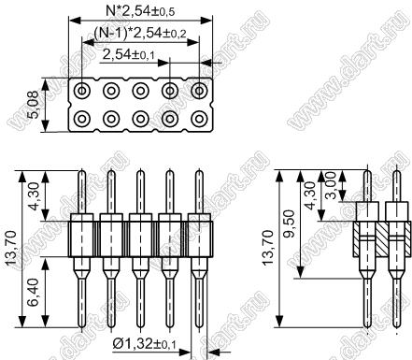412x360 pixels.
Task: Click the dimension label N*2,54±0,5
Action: click(140, 11)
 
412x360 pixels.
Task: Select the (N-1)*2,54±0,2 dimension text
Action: click(140, 33)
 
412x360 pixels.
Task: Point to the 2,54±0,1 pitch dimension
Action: click(128, 55)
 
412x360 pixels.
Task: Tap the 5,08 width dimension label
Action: click(33, 105)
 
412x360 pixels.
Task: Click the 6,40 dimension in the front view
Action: click(34, 292)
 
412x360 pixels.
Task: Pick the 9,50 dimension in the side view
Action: click(289, 223)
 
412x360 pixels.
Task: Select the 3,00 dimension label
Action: click(331, 185)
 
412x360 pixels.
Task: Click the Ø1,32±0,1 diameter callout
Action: click(144, 344)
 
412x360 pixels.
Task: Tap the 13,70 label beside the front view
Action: click(12, 248)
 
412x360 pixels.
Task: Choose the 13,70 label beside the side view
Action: click(268, 248)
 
